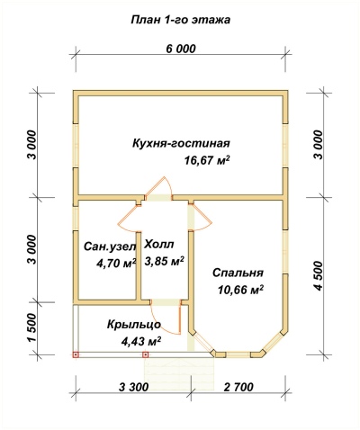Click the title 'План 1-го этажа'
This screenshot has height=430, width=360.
pyautogui.click(x=180, y=20)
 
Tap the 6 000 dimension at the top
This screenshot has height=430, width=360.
pyautogui.click(x=181, y=49)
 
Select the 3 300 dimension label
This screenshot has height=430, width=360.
pyautogui.click(x=134, y=387)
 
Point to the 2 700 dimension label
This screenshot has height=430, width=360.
pyautogui.click(x=238, y=387)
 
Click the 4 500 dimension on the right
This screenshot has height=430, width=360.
pyautogui.click(x=319, y=276)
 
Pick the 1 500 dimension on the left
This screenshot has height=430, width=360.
pyautogui.click(x=32, y=328)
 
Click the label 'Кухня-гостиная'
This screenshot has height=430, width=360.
pyautogui.click(x=181, y=144)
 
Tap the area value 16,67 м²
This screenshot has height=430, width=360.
pyautogui.click(x=207, y=160)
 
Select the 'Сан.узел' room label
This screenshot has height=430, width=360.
pyautogui.click(x=110, y=246)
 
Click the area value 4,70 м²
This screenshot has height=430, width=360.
pyautogui.click(x=116, y=263)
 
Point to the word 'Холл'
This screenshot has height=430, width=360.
pyautogui.click(x=159, y=245)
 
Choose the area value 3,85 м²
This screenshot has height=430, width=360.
pyautogui.click(x=165, y=261)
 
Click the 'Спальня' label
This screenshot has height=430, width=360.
pyautogui.click(x=238, y=273)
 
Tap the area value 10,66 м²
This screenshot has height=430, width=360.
pyautogui.click(x=241, y=290)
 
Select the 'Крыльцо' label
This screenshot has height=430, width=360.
pyautogui.click(x=134, y=325)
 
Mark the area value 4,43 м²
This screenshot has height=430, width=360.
pyautogui.click(x=141, y=341)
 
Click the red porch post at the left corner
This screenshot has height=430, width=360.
pyautogui.click(x=76, y=354)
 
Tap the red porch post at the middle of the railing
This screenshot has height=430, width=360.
pyautogui.click(x=146, y=354)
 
